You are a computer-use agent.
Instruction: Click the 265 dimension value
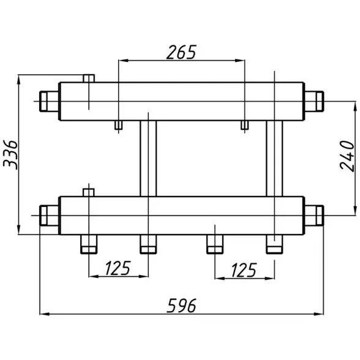point(181,53)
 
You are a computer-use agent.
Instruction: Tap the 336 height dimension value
point(10,155)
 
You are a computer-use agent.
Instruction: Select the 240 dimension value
point(347,156)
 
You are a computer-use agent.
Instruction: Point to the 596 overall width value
point(182,306)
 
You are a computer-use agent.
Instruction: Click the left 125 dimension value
point(118,268)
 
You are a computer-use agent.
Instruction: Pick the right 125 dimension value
point(244,270)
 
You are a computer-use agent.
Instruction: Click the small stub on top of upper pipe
point(89,78)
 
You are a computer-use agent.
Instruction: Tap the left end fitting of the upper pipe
point(49,101)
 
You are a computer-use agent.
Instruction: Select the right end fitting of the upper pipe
point(314,101)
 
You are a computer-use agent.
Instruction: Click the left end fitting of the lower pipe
point(49,216)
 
